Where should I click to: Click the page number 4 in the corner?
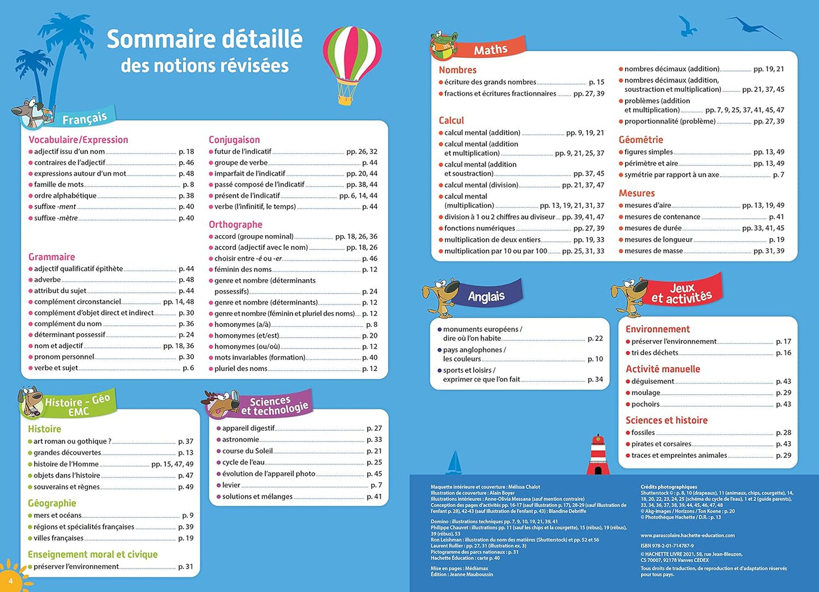[10, 581]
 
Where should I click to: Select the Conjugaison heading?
[234, 139]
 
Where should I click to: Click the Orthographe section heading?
[235, 224]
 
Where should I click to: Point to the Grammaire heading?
[52, 257]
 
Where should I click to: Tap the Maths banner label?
[490, 50]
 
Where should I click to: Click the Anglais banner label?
[486, 296]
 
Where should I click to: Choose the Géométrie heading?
[640, 139]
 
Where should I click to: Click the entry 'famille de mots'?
[59, 185]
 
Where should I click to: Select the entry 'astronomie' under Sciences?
[240, 440]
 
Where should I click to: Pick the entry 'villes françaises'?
[58, 538]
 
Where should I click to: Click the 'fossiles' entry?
[643, 433]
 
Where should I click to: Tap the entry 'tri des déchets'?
[655, 353]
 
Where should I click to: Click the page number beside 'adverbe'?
[186, 280]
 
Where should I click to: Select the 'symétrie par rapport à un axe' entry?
[672, 175]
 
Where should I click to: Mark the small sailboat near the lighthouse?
[455, 462]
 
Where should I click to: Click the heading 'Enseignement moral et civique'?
[92, 554]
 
